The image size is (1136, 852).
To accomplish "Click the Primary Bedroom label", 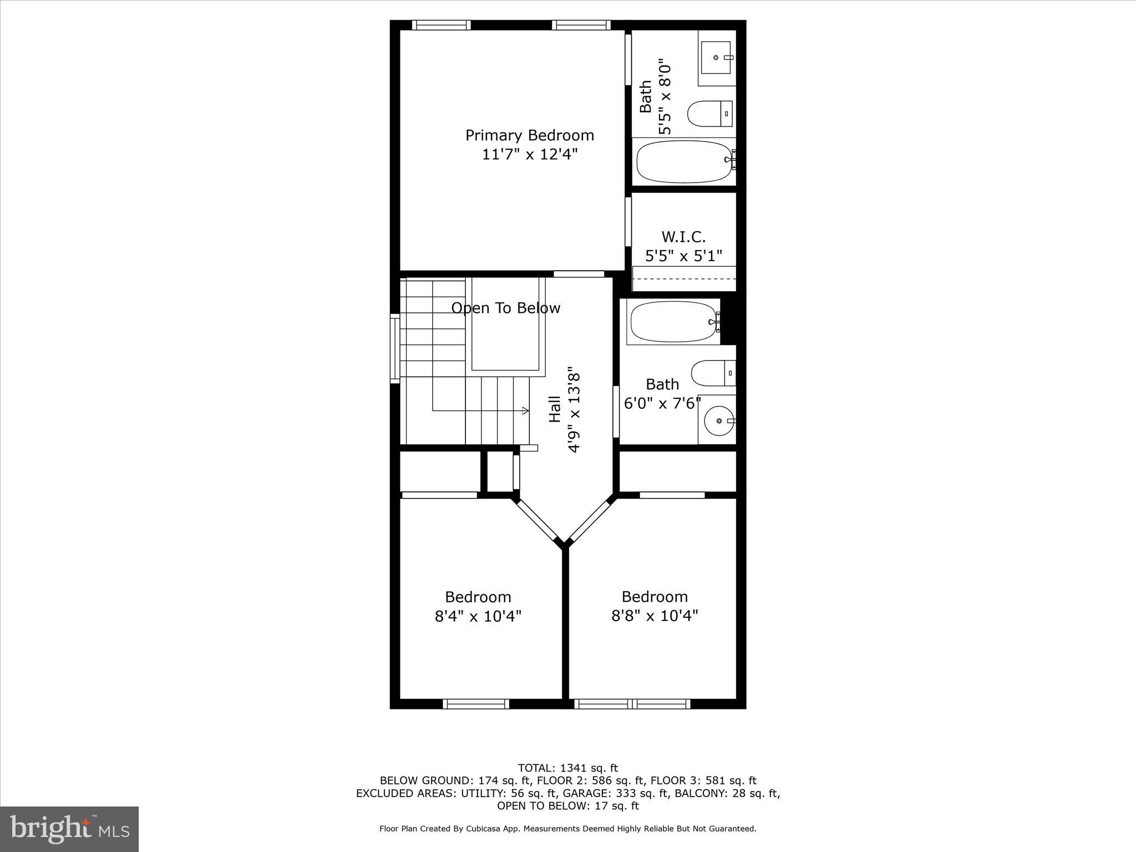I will pos(529,135).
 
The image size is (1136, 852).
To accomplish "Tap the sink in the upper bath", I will pos(716,57).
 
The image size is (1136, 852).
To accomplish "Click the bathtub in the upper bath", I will pos(684,161).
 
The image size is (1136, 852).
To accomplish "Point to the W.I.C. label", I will pos(683,237).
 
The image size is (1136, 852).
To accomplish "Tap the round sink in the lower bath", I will pos(719,421).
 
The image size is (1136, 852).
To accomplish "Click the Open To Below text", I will pos(505,308).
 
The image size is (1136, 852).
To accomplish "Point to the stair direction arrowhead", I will pos(525,410).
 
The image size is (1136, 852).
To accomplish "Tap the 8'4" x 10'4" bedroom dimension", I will pos(478,616).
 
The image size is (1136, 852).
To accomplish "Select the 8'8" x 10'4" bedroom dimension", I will pos(655,616).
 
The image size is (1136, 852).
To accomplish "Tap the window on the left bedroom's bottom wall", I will pos(476,704).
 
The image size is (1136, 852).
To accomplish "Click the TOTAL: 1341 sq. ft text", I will pos(567,768).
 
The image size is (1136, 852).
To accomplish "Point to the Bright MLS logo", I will pos(69,829).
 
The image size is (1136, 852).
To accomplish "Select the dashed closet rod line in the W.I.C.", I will pos(684,279).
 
